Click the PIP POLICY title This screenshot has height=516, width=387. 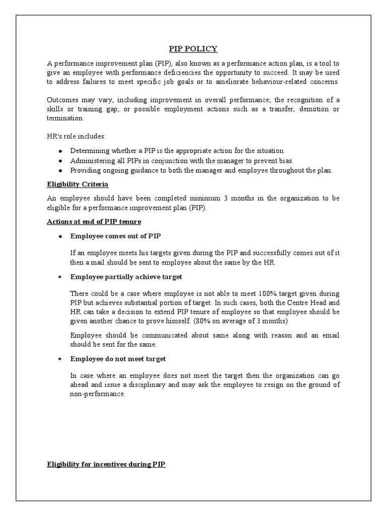193,49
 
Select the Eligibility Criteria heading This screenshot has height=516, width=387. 75,184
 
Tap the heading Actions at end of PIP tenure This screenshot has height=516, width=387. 94,221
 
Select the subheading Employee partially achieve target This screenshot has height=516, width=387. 126,277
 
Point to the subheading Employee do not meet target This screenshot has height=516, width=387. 118,359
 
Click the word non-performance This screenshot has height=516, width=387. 97,394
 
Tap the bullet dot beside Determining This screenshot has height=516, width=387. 60,151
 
